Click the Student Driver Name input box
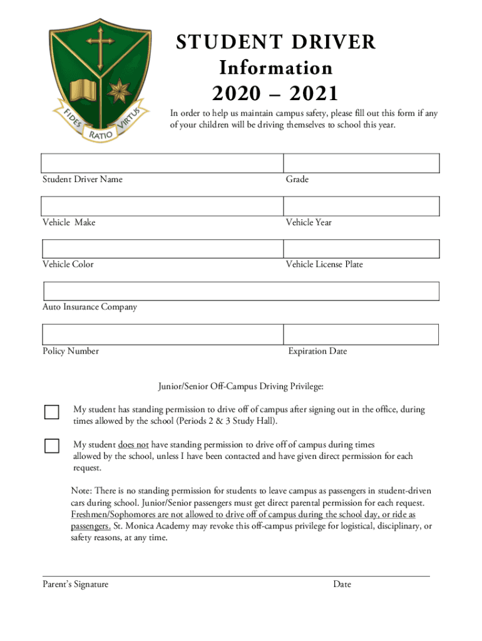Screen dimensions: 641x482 162,163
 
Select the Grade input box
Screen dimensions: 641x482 361,163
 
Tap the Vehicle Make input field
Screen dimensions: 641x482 162,206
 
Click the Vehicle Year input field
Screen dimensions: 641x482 361,206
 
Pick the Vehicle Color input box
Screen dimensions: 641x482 162,249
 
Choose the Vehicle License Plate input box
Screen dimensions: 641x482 361,249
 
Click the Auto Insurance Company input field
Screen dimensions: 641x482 241,291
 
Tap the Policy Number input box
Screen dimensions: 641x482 162,334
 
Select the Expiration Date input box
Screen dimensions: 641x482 361,334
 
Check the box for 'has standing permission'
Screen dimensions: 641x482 51,412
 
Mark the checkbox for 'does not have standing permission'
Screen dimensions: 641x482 51,446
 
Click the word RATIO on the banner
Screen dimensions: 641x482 100,134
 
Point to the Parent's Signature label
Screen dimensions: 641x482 75,584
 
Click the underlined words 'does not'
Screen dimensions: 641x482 133,445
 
